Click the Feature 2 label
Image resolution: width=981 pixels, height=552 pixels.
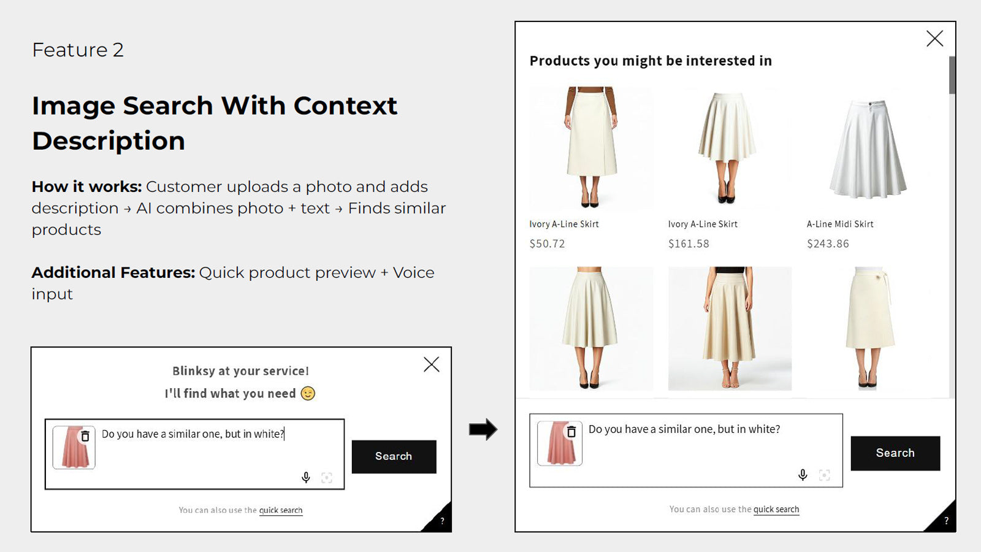[x=78, y=50]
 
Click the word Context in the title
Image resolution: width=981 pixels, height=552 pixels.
[x=346, y=105]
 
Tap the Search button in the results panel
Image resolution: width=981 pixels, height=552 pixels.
[x=895, y=453]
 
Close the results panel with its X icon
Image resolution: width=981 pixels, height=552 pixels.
[x=934, y=39]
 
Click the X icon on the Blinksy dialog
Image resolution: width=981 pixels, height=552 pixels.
[x=432, y=364]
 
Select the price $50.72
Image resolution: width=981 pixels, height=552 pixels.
[x=547, y=243]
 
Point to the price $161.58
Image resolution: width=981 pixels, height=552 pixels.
[x=689, y=243]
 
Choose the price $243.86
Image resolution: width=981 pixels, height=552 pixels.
[x=828, y=243]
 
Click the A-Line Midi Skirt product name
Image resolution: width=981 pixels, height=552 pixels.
[x=840, y=224]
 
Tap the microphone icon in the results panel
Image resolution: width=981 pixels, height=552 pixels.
[x=803, y=475]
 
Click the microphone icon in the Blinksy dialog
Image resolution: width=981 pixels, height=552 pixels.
[x=306, y=477]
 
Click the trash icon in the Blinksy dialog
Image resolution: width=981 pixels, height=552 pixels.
[x=85, y=436]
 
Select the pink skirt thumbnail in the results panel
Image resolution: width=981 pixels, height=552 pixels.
[x=560, y=443]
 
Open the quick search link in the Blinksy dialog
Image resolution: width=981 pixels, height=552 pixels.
[x=281, y=510]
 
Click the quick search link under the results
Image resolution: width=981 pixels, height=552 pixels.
[x=776, y=509]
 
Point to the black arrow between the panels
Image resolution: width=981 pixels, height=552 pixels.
[x=483, y=429]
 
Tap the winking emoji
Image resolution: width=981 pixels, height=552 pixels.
[x=308, y=393]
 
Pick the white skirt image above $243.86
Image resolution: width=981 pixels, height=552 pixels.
[x=868, y=149]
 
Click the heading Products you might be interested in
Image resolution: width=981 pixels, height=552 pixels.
[x=651, y=61]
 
